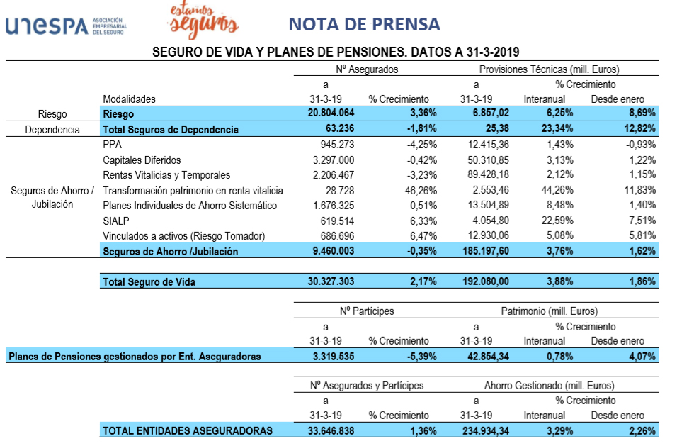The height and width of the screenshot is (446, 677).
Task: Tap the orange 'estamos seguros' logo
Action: point(203,21)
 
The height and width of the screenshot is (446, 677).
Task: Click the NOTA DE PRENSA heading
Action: point(364,24)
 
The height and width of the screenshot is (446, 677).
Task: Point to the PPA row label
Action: point(113,145)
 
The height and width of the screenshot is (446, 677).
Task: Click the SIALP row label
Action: point(115,221)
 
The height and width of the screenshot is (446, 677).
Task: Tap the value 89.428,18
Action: point(484,175)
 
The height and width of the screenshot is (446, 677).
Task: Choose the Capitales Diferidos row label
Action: point(142,160)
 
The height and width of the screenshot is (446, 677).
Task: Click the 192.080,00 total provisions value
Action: point(484,281)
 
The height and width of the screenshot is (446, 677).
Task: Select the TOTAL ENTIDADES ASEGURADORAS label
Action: point(188,430)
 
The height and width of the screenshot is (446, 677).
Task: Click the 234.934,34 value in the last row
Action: point(484,430)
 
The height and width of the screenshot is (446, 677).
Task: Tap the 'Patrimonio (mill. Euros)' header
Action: point(549,311)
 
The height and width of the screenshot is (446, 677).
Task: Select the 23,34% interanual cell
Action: point(554,129)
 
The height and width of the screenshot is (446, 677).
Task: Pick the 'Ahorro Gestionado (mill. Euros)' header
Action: point(549,386)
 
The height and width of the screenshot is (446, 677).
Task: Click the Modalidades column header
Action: point(129,99)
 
